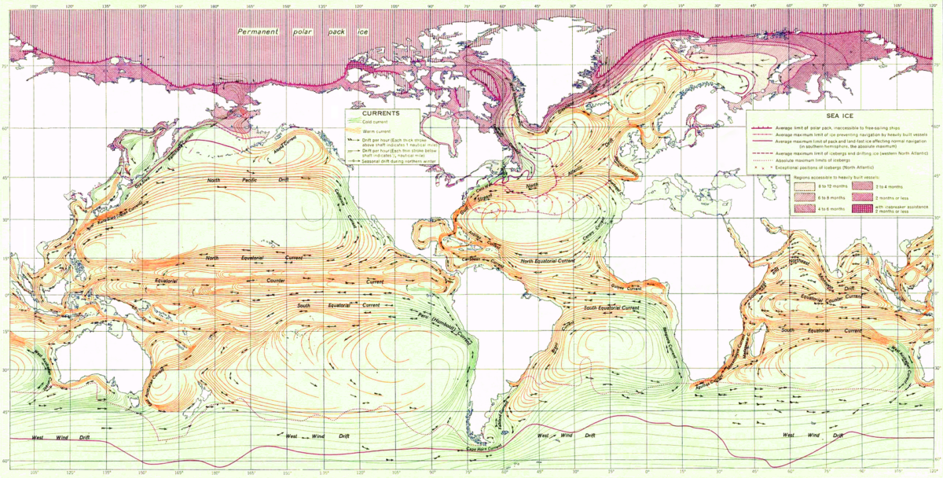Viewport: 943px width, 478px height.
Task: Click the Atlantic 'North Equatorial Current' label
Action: tap(549, 259)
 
